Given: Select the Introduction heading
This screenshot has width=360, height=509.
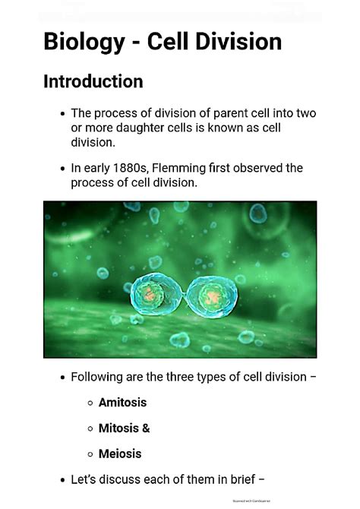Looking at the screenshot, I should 93,81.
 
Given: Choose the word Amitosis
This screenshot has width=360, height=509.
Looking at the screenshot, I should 122,403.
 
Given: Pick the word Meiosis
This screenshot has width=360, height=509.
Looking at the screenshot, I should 119,454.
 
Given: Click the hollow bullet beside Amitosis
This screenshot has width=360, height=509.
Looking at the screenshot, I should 90,403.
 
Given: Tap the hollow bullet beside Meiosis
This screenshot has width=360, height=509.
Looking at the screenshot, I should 90,454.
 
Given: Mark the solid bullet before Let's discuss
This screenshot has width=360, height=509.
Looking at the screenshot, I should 62,479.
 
